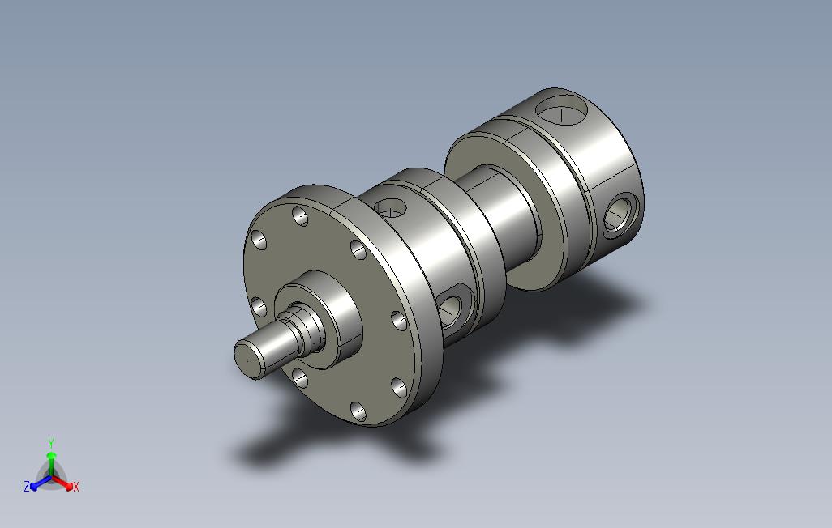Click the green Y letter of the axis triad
tap(51, 443)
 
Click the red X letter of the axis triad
tap(76, 487)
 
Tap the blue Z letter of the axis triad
tap(27, 486)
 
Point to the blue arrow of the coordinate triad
tap(41, 483)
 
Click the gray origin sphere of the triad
tap(51, 477)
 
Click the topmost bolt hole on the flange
tap(300, 215)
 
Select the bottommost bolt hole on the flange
tap(358, 411)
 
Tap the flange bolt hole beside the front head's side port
tap(400, 321)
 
